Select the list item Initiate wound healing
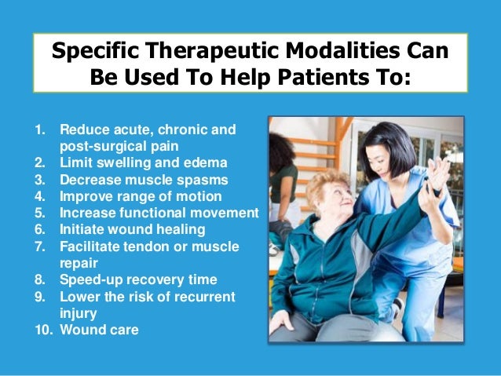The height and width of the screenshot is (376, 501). (x=132, y=229)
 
